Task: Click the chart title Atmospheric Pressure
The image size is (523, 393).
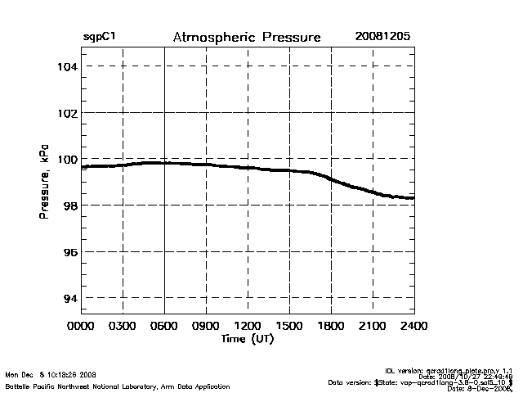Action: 247,38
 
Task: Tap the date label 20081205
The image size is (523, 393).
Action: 382,38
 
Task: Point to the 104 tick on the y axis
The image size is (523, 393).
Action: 66,65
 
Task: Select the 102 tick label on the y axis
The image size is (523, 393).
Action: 66,112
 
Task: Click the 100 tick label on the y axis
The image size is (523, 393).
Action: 66,159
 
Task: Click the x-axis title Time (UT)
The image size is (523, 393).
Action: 247,339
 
